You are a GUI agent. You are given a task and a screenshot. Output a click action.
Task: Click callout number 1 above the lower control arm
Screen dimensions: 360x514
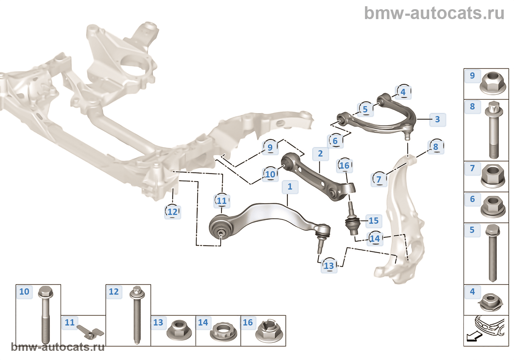290,187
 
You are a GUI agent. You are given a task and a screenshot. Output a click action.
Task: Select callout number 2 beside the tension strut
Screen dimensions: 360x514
320,154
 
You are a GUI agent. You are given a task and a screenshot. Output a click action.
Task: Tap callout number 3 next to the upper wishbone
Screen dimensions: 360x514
437,119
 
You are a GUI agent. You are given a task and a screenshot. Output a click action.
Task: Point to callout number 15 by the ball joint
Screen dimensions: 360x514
373,221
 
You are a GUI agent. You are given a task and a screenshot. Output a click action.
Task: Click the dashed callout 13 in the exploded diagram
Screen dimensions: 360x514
329,266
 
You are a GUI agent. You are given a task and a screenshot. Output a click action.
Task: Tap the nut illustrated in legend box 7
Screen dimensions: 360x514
493,176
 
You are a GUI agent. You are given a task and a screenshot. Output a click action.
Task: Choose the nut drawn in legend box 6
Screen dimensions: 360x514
493,207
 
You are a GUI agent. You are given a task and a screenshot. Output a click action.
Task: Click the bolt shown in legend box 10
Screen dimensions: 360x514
46,314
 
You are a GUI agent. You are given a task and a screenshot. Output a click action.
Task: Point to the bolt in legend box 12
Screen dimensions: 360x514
137,314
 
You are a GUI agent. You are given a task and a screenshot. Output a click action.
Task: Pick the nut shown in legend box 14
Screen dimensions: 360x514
223,332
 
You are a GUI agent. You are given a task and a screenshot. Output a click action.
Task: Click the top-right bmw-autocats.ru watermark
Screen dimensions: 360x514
434,14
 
